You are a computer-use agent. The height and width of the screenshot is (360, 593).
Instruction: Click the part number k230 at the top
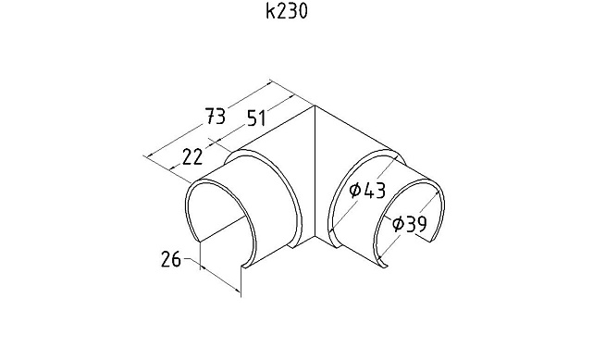pyautogui.click(x=286, y=11)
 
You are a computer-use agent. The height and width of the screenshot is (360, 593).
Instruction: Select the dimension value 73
pyautogui.click(x=216, y=116)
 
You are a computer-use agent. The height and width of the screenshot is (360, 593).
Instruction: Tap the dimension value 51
pyautogui.click(x=257, y=118)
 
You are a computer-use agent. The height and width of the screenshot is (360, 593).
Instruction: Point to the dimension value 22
pyautogui.click(x=192, y=157)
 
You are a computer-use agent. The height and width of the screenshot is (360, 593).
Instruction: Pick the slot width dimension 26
pyautogui.click(x=171, y=259)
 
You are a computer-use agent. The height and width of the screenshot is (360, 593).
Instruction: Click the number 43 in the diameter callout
pyautogui.click(x=374, y=191)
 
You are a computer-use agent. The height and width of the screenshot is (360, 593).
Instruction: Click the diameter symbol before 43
pyautogui.click(x=355, y=190)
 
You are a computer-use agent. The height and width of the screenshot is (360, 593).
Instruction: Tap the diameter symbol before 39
pyautogui.click(x=398, y=224)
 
